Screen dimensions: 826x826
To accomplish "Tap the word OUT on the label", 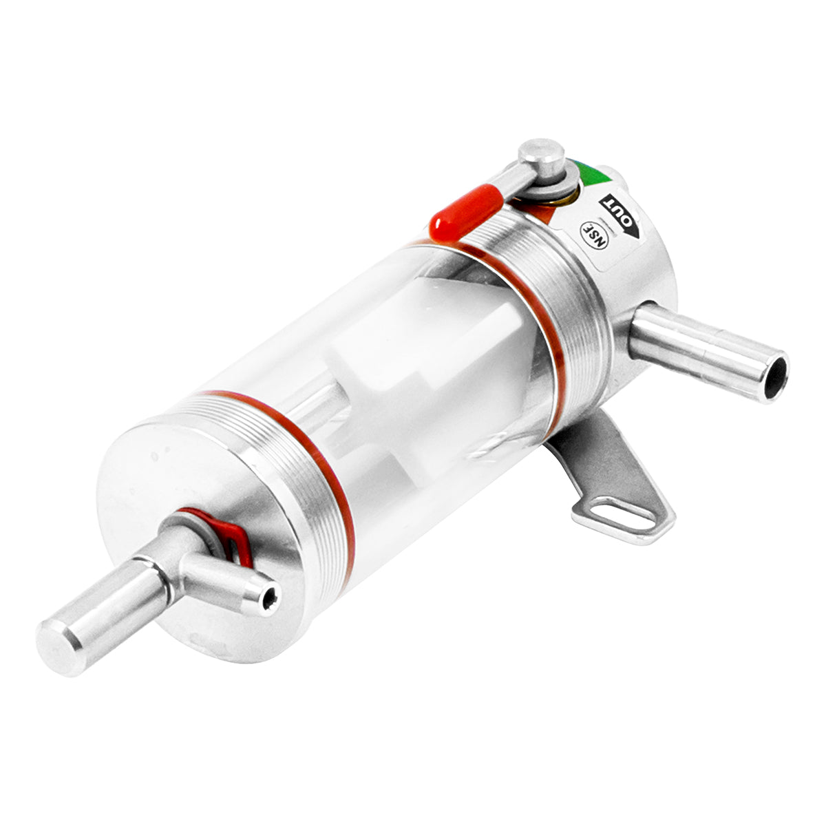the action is coord(617,213).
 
